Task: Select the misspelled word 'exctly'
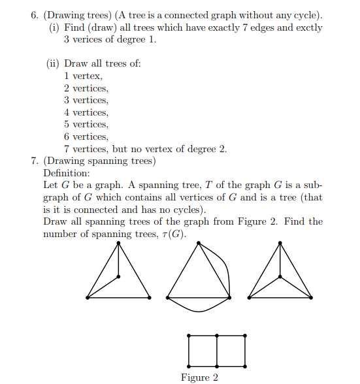[x=309, y=28]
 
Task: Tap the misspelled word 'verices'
[x=90, y=40]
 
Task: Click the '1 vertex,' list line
[x=83, y=76]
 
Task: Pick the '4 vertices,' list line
[x=86, y=112]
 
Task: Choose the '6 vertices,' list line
[x=86, y=136]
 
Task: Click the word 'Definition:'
[x=66, y=173]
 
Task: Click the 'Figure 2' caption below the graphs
[x=199, y=377]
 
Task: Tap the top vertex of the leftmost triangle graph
[x=118, y=244]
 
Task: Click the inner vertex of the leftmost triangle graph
[x=118, y=277]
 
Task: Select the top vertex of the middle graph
[x=199, y=244]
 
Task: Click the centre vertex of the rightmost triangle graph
[x=280, y=277]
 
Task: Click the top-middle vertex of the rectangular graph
[x=217, y=336]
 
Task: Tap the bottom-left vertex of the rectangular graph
[x=188, y=366]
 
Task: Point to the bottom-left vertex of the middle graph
[x=167, y=298]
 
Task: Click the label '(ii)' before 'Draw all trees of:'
[x=53, y=63]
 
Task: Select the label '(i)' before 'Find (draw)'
[x=55, y=28]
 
